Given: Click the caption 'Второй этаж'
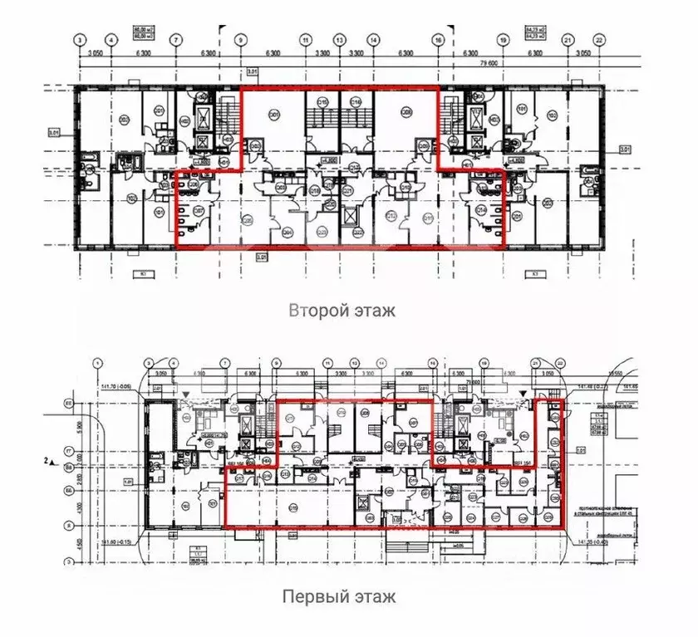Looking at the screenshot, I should (342, 311).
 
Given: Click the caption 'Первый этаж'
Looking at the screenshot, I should (338, 596).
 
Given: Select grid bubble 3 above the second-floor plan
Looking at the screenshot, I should (80, 39).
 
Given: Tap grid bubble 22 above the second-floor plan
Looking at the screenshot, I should (599, 39).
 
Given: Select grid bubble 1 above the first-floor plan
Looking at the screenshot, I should (97, 362).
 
